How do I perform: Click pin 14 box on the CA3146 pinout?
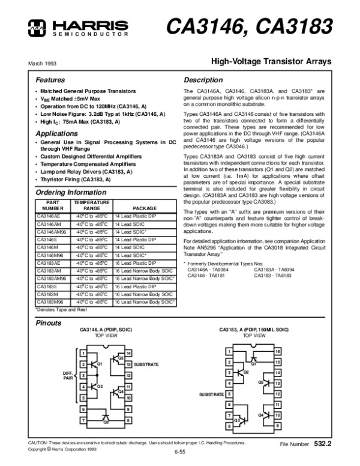[x=128, y=353]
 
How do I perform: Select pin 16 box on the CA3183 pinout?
[x=277, y=351]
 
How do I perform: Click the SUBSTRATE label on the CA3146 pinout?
[x=146, y=365]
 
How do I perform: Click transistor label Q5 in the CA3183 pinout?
[x=260, y=382]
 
